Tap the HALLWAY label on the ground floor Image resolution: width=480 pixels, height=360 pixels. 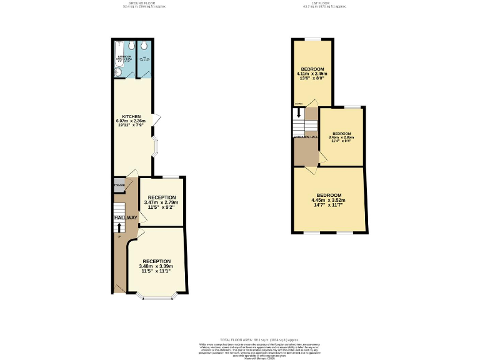click(x=126, y=217)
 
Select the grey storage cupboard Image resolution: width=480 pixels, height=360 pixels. click(x=119, y=186)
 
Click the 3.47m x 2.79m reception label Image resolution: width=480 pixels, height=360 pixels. click(x=161, y=202)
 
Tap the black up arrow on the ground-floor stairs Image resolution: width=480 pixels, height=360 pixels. click(x=119, y=226)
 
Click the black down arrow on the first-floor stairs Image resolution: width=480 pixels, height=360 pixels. click(x=299, y=113)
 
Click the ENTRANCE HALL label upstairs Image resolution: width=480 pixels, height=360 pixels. click(x=306, y=137)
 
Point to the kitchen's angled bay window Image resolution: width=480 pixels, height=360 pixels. click(x=156, y=146)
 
